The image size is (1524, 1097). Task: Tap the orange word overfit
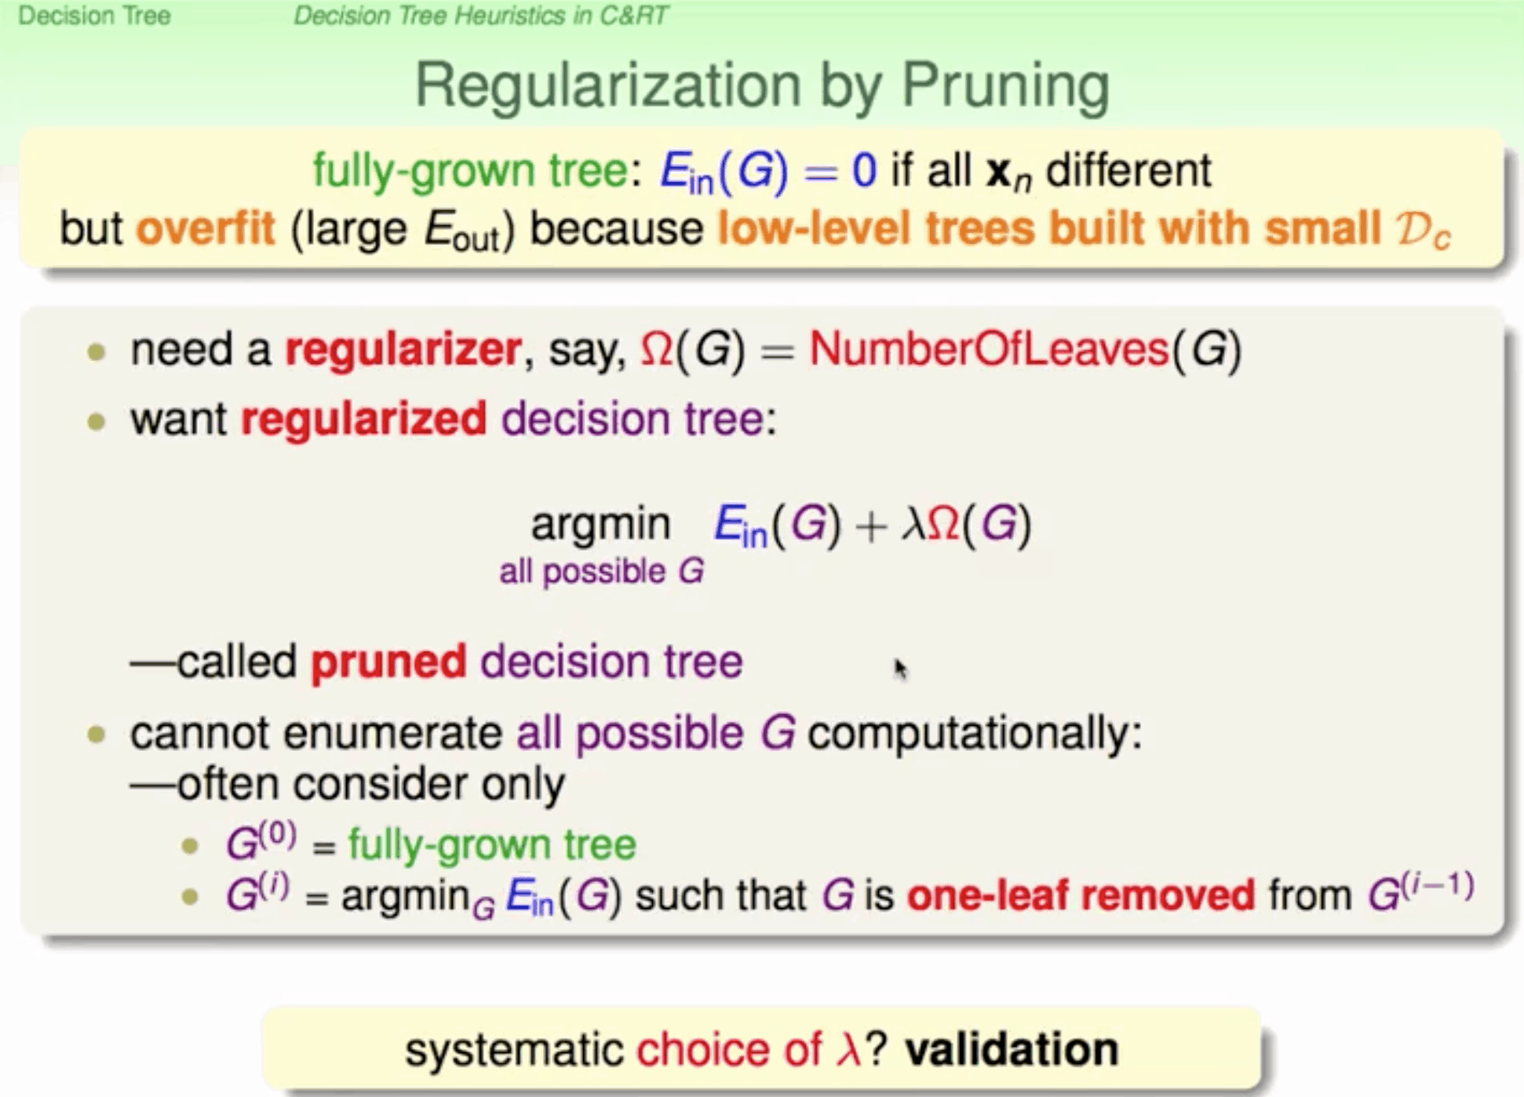point(206,228)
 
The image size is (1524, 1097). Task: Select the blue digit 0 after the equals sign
point(864,170)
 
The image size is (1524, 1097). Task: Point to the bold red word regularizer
point(403,350)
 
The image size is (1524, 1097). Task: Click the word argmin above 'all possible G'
point(600,524)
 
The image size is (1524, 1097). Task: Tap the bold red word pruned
point(388,662)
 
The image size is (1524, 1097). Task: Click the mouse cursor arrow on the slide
point(900,669)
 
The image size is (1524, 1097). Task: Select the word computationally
point(975,734)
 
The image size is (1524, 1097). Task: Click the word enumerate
point(392,733)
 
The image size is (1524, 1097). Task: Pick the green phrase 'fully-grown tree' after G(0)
point(492,844)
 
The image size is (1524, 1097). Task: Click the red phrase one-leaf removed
point(1081,895)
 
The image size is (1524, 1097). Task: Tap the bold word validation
point(1012,1049)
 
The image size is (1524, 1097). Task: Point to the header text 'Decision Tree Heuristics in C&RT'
point(481,16)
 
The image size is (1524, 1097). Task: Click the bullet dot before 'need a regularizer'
point(97,352)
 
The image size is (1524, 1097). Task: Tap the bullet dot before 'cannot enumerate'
point(97,735)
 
